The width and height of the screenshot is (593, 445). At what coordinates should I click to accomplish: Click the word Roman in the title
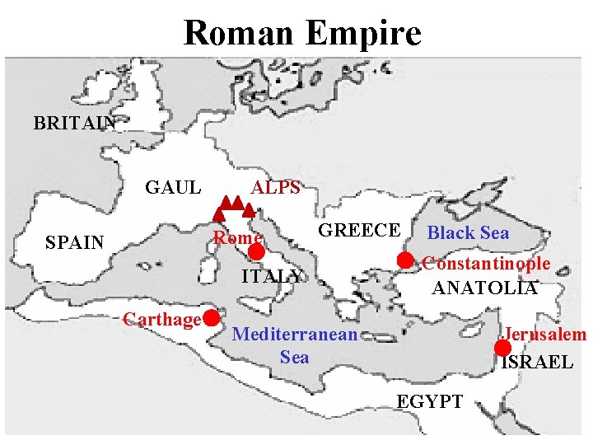click(238, 34)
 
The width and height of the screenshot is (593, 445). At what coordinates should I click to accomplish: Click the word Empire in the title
click(362, 34)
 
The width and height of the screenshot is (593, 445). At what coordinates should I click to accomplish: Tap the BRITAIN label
click(75, 124)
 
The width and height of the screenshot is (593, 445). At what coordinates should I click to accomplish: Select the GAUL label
click(173, 187)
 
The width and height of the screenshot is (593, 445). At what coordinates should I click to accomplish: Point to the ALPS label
click(276, 187)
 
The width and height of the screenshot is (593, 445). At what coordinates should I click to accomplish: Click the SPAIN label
click(75, 242)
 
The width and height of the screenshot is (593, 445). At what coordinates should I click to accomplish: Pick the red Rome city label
click(237, 238)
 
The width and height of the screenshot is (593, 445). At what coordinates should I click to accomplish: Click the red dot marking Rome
click(256, 252)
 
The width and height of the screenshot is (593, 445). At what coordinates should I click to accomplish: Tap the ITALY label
click(272, 276)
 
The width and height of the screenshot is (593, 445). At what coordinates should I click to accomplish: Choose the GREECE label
click(359, 230)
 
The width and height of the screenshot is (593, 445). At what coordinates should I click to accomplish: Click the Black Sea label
click(468, 232)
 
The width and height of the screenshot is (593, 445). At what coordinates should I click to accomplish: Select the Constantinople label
click(486, 264)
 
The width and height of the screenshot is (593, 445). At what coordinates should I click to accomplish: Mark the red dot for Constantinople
click(405, 260)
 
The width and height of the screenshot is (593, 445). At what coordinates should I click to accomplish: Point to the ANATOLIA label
click(485, 288)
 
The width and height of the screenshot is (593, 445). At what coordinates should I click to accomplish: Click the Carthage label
click(162, 319)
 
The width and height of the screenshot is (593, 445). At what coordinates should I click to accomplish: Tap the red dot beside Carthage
click(212, 317)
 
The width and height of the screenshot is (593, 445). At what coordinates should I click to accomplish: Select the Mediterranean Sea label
click(295, 345)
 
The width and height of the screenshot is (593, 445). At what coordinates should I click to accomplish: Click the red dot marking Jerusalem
click(502, 348)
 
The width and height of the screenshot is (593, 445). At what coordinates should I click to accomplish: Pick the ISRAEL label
click(537, 362)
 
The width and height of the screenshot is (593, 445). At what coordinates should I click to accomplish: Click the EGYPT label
click(430, 401)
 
